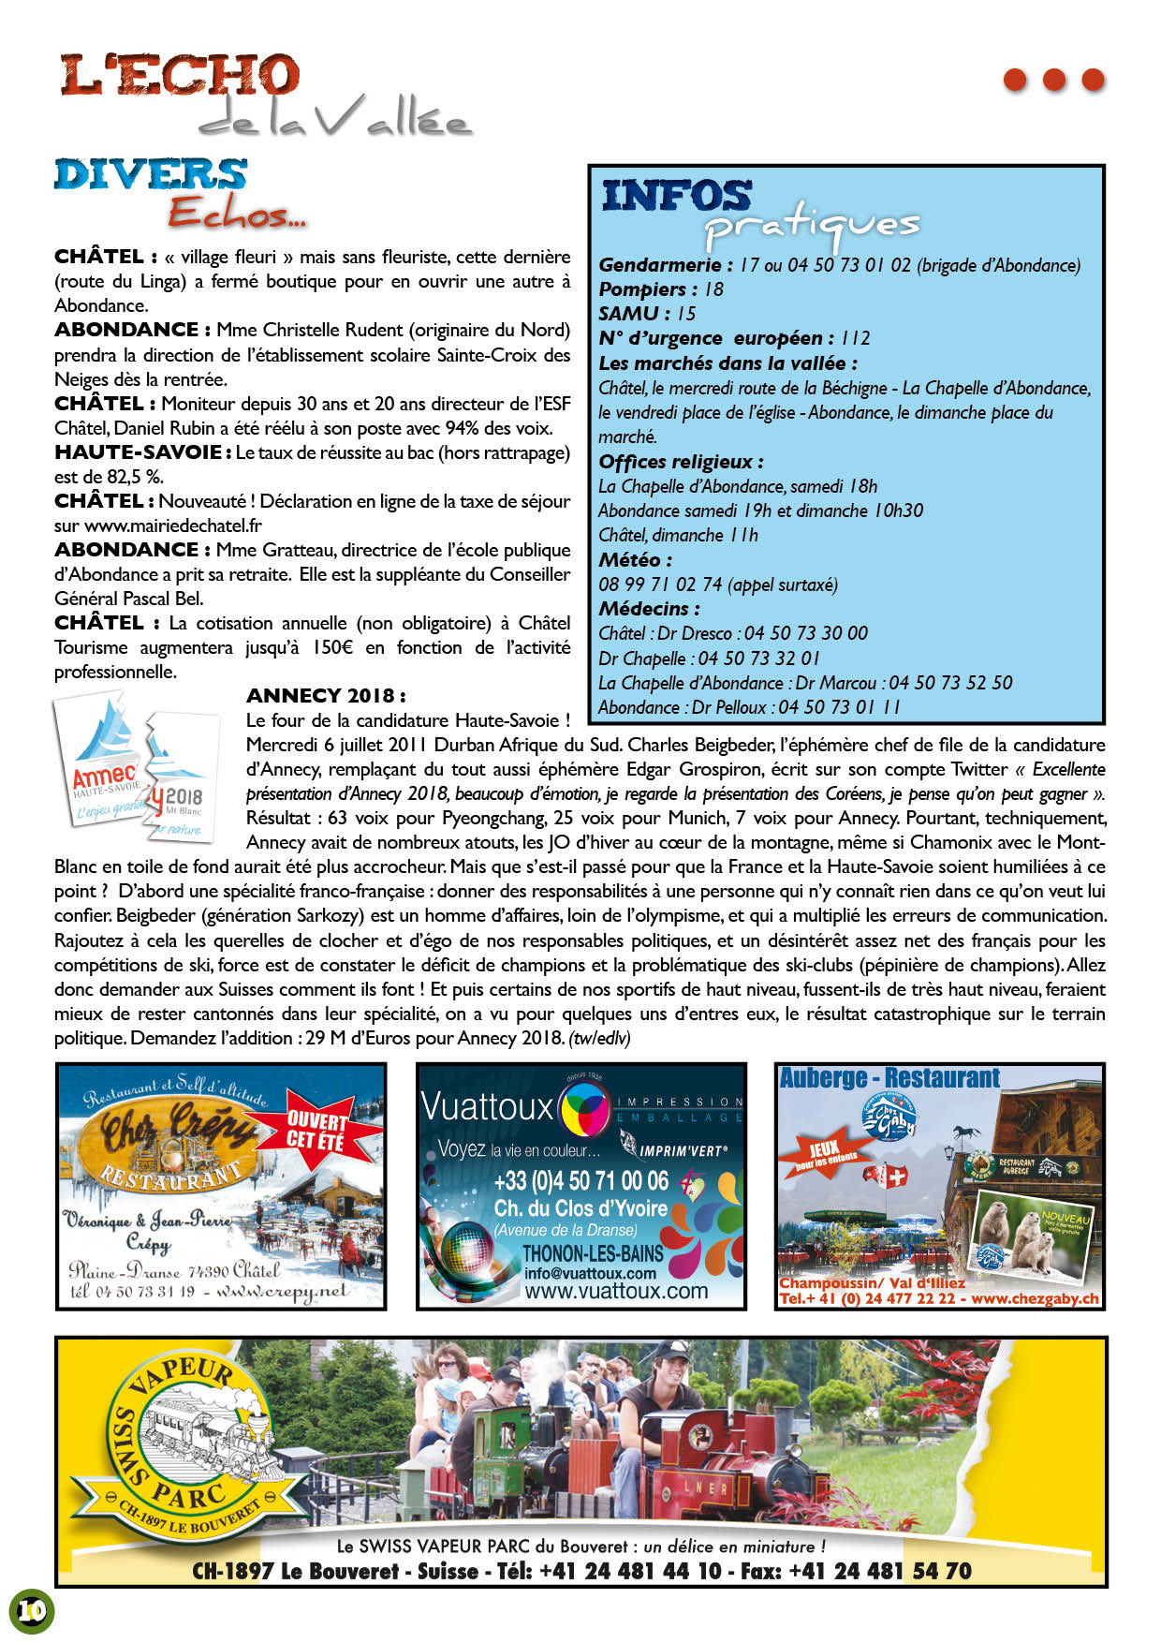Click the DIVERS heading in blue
coord(151,175)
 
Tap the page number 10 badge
coord(31,1610)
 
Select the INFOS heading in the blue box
coord(676,196)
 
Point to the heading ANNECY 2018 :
coord(326,696)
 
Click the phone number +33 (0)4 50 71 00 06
coord(580,1180)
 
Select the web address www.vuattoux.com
coord(615,1291)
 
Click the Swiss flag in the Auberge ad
coord(896,1177)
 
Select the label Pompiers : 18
coord(661,289)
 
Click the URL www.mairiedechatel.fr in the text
coord(172,525)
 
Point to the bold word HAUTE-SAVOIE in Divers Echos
coord(138,452)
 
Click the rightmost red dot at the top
coord(1093,80)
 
